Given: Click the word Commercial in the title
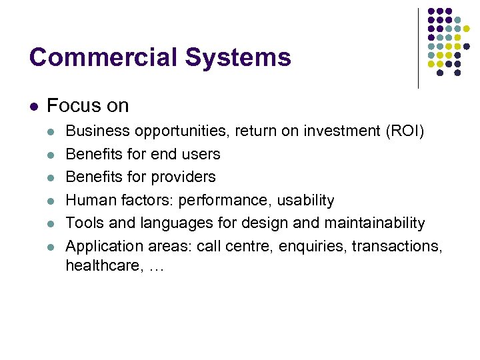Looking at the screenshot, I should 103,58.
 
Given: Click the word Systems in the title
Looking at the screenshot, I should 238,58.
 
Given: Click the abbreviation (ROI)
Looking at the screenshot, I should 404,131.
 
